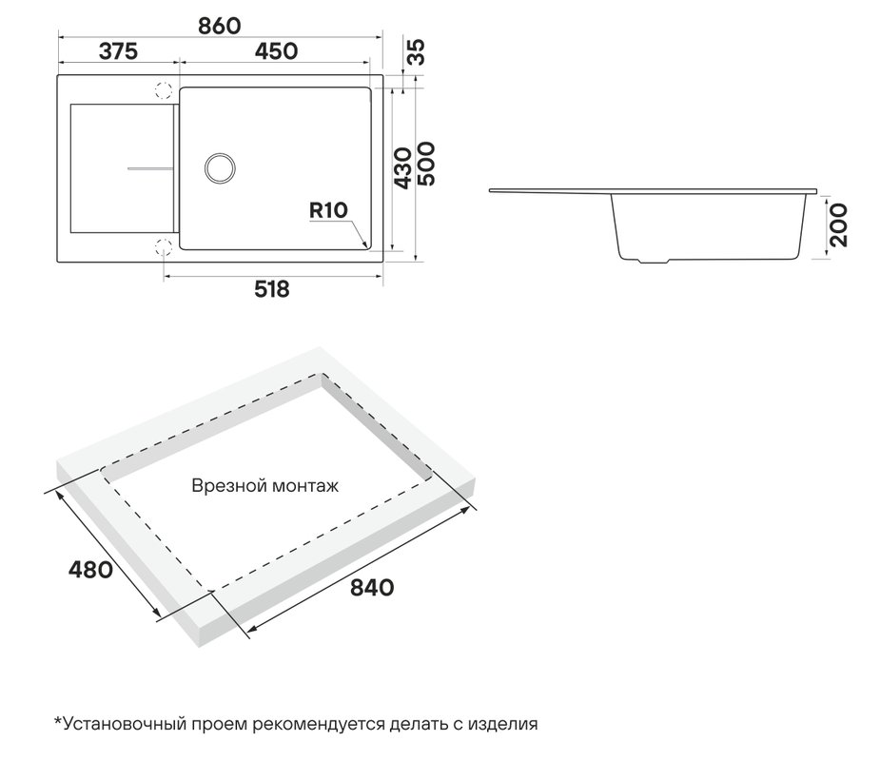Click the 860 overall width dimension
[x=220, y=26]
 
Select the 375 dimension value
[x=118, y=51]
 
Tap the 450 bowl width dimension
[x=276, y=51]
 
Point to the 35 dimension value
[x=417, y=52]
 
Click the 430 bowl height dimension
[x=403, y=167]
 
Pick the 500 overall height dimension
[x=426, y=164]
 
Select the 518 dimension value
[x=272, y=289]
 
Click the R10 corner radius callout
[x=329, y=210]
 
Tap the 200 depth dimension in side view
[x=838, y=225]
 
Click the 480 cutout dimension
[x=90, y=570]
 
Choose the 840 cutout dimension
[x=372, y=588]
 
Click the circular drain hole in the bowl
[x=220, y=167]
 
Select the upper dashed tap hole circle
[x=164, y=90]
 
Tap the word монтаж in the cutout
[x=303, y=486]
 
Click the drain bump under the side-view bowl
[x=654, y=261]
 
